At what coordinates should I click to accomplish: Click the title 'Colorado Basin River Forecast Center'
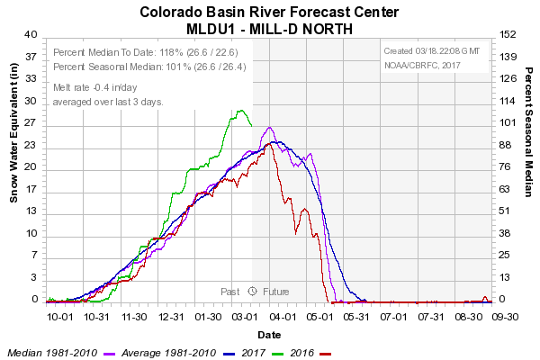point(269,13)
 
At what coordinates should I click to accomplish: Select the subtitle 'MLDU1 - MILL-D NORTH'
point(269,28)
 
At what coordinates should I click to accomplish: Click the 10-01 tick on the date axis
point(59,317)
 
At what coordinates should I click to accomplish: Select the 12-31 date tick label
point(171,317)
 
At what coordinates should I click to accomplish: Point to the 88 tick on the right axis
point(507,145)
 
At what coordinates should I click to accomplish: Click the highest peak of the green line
point(240,111)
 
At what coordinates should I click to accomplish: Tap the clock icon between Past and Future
point(253,291)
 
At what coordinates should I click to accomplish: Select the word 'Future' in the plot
point(276,291)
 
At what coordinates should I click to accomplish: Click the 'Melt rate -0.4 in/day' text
point(95,87)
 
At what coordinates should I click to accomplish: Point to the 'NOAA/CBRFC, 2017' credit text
point(421,65)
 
